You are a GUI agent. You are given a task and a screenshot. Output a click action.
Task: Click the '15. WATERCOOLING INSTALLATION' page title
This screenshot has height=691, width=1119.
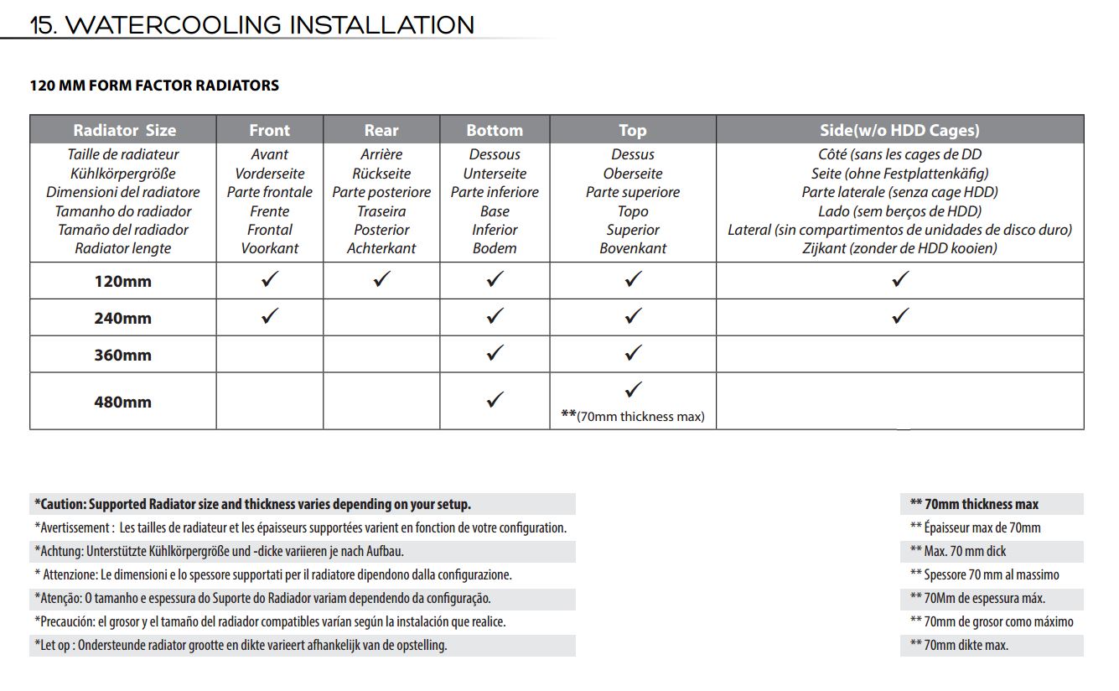[x=251, y=24]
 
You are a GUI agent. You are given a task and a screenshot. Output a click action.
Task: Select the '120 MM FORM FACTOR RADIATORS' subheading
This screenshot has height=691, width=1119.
[x=154, y=86]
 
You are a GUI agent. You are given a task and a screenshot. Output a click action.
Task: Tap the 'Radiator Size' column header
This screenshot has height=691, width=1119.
[x=124, y=130]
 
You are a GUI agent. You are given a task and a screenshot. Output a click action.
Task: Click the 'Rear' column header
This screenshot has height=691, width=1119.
[x=381, y=130]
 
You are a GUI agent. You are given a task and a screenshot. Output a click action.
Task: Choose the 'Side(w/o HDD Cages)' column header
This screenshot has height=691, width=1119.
[x=899, y=130]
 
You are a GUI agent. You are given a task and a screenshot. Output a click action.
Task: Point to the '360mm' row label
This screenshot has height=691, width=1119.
[x=122, y=355]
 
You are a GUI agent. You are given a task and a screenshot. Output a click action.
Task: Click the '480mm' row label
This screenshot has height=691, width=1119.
[x=122, y=402]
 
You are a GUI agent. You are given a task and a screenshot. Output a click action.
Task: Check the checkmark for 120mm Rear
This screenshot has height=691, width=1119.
[x=381, y=279]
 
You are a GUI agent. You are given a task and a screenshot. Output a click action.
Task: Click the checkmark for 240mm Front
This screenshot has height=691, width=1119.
[x=270, y=316]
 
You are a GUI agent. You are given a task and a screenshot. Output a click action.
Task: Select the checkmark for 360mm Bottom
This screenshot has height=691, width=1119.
[x=495, y=353]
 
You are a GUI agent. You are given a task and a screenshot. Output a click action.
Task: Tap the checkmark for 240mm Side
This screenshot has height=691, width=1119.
[x=900, y=316]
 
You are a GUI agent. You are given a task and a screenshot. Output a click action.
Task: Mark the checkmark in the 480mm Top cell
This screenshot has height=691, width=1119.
[x=633, y=389]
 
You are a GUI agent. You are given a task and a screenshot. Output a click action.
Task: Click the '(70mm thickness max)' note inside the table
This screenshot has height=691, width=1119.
[x=633, y=416]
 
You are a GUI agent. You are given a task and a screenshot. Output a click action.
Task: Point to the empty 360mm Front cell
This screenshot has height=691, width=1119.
[x=270, y=354]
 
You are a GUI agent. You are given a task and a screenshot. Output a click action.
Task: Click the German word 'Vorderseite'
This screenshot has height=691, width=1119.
[x=270, y=174]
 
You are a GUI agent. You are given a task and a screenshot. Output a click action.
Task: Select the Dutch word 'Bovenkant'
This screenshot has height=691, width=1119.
[x=633, y=248]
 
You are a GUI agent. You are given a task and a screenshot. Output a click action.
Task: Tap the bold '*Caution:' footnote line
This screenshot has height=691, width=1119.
[x=252, y=504]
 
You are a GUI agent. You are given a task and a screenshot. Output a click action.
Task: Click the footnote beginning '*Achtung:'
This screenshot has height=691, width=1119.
[x=225, y=551]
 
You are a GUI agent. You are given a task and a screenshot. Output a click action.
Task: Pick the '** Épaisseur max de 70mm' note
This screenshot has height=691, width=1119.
[x=975, y=527]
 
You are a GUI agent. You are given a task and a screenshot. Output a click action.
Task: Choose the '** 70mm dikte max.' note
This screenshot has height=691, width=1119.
[x=959, y=645]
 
